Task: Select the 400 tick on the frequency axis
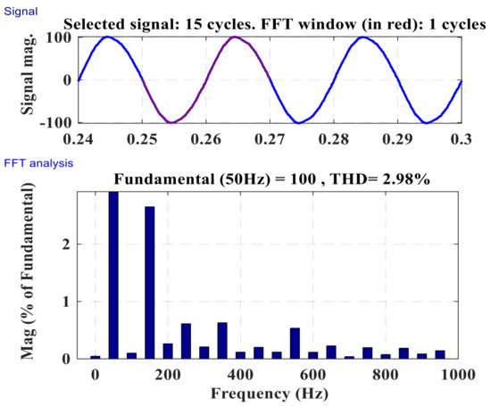coord(240,375)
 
